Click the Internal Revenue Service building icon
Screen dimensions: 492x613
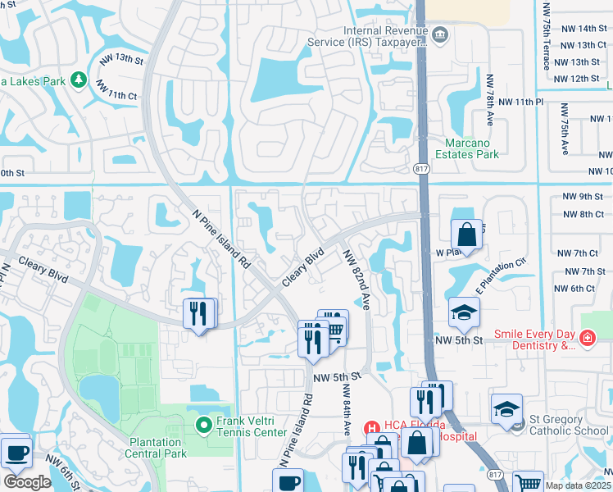(441, 34)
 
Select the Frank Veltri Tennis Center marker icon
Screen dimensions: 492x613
(205, 424)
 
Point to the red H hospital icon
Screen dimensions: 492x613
(370, 426)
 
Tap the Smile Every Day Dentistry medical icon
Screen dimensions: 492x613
(587, 338)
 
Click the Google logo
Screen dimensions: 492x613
(26, 482)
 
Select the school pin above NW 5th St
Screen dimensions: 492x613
(464, 312)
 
